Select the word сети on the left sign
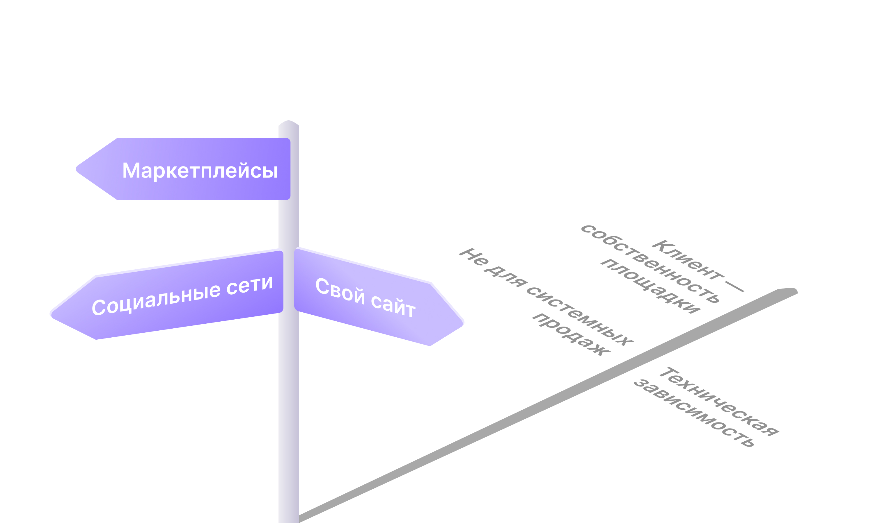click(x=249, y=285)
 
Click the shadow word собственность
click(x=649, y=264)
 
